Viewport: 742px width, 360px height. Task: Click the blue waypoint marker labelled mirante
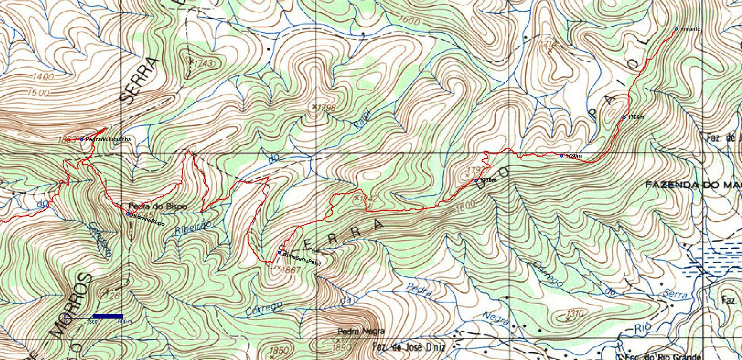pyautogui.click(x=676, y=29)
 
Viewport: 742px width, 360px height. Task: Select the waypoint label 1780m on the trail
pyautogui.click(x=573, y=156)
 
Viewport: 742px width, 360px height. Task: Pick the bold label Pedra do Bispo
pyautogui.click(x=158, y=206)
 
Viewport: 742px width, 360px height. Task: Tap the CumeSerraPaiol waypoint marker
pyautogui.click(x=279, y=253)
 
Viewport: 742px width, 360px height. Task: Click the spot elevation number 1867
pyautogui.click(x=292, y=270)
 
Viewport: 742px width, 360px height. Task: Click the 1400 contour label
pyautogui.click(x=44, y=76)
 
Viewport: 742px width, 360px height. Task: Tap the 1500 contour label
pyautogui.click(x=38, y=93)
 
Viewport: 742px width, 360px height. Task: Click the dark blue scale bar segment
pyautogui.click(x=108, y=316)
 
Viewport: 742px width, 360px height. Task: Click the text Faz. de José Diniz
pyautogui.click(x=409, y=348)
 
